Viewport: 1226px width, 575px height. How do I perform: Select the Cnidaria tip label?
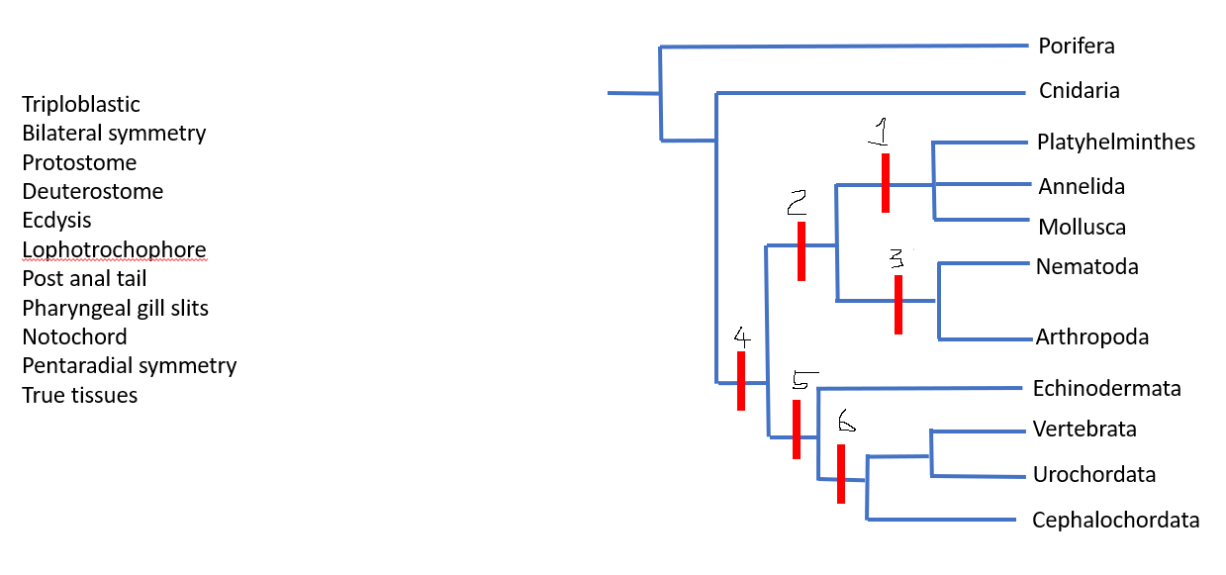[x=1079, y=91]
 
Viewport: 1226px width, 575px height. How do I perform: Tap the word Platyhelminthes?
[x=1115, y=143]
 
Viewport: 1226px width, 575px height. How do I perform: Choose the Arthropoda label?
[x=1091, y=337]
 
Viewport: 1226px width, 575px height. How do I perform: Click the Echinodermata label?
[x=1106, y=388]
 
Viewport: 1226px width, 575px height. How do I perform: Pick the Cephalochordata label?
[x=1115, y=520]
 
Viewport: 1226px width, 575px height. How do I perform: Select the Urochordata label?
[x=1093, y=474]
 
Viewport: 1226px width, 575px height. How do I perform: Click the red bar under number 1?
[x=885, y=182]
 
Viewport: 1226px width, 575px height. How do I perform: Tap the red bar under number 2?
[x=801, y=251]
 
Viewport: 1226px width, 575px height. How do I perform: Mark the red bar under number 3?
[x=897, y=304]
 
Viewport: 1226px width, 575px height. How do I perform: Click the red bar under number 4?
[x=740, y=380]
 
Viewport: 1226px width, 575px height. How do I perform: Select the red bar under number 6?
[x=840, y=474]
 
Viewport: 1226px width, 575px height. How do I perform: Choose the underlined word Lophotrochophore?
[x=114, y=249]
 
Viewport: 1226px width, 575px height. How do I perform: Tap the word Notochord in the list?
[x=74, y=336]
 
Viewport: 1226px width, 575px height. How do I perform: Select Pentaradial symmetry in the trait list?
[x=129, y=366]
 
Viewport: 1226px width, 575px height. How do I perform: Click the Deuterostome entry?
[x=92, y=191]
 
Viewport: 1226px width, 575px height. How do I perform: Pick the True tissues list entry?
[x=79, y=395]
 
